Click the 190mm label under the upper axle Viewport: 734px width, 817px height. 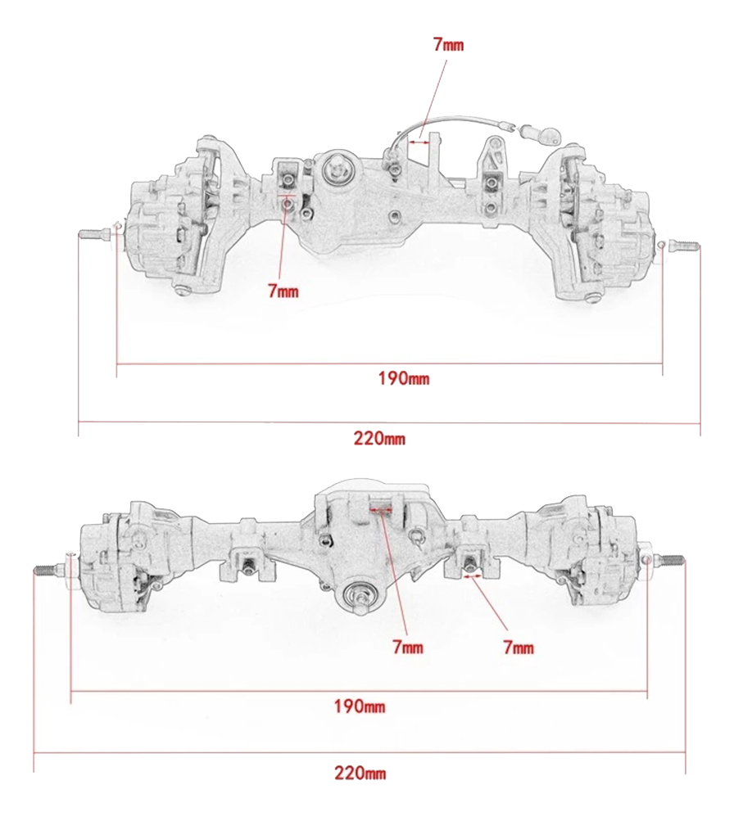tap(404, 377)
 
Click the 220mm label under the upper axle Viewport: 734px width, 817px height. tap(379, 438)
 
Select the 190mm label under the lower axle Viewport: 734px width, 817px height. tap(359, 706)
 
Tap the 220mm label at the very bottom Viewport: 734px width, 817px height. tap(360, 772)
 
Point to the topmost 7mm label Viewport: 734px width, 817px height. tap(448, 45)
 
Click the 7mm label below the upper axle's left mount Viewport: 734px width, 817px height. tap(283, 291)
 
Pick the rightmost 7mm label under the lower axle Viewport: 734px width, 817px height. tap(519, 648)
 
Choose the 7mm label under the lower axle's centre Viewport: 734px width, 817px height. tap(408, 648)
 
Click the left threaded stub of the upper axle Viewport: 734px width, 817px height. tap(93, 235)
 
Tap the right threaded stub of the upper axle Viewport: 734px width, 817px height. tap(683, 246)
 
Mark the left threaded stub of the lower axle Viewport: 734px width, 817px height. tap(49, 570)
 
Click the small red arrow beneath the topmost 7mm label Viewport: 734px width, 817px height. tap(419, 140)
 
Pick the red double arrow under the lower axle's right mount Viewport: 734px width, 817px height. tap(473, 576)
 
